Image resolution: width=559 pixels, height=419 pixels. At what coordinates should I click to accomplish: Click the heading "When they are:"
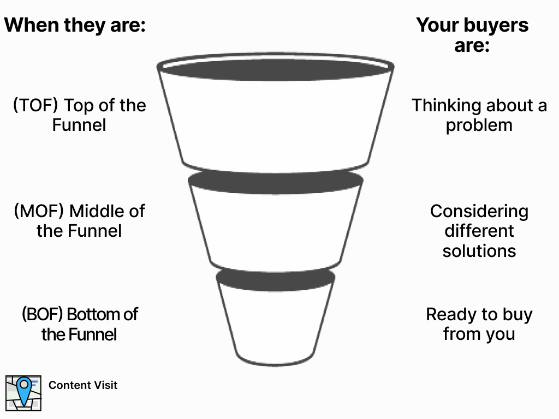click(75, 25)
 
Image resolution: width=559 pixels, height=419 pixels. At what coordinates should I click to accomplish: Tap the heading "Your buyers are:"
click(472, 35)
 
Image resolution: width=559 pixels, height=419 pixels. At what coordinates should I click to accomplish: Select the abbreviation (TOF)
click(34, 105)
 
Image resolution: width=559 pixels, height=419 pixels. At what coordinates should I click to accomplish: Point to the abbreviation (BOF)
click(42, 314)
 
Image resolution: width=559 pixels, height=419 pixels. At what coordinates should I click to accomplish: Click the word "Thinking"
click(446, 105)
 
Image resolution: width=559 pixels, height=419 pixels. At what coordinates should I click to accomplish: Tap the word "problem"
click(479, 125)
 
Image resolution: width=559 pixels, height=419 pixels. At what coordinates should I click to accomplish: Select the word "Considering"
click(479, 211)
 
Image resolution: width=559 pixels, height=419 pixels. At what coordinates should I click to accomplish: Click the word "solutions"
click(479, 250)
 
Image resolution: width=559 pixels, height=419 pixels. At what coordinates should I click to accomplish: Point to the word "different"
click(479, 231)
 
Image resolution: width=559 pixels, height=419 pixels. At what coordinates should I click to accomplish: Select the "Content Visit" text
click(83, 385)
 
